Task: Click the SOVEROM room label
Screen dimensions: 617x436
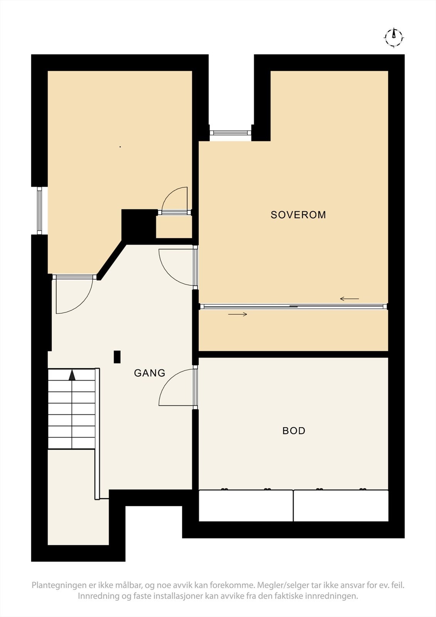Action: (298, 215)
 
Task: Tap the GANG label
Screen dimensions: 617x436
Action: (150, 373)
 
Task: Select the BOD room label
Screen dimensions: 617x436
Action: (294, 431)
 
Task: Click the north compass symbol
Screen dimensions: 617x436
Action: (394, 37)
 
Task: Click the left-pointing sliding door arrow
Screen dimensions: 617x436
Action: (349, 299)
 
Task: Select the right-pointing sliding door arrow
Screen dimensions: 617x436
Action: (237, 314)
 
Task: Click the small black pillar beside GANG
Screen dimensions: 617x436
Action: (117, 357)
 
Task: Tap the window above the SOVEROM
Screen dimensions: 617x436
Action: (230, 133)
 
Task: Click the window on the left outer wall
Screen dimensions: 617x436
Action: (40, 211)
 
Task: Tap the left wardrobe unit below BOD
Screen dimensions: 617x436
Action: (246, 506)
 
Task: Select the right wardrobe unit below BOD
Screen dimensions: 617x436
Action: (341, 506)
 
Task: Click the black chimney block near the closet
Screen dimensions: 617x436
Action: (138, 226)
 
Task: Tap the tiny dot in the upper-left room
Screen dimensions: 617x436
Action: (120, 147)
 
